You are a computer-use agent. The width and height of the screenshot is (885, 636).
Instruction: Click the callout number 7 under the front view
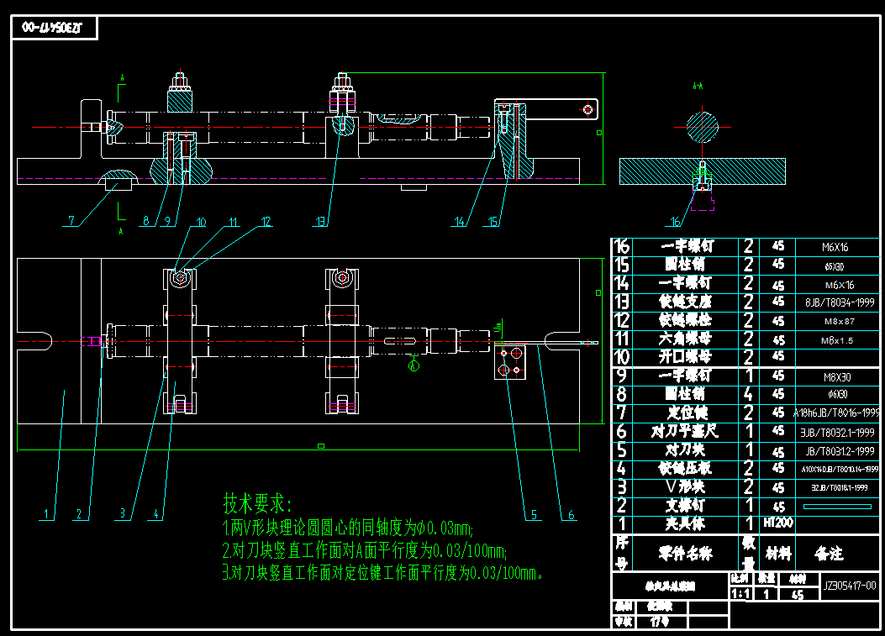pyautogui.click(x=72, y=221)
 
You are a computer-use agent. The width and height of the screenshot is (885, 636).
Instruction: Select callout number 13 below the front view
pyautogui.click(x=320, y=222)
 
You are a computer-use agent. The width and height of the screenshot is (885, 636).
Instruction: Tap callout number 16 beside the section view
pyautogui.click(x=675, y=222)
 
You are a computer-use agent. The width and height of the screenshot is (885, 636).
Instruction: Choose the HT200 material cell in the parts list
pyautogui.click(x=777, y=523)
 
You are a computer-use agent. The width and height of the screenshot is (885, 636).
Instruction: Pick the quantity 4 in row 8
pyautogui.click(x=747, y=393)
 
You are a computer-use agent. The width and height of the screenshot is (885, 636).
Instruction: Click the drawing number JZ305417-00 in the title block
pyautogui.click(x=850, y=586)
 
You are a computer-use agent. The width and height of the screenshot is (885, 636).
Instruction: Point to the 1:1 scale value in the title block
pyautogui.click(x=740, y=594)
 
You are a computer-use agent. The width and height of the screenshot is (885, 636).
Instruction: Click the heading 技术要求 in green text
pyautogui.click(x=256, y=504)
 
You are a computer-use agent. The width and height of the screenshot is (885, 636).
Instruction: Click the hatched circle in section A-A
pyautogui.click(x=703, y=127)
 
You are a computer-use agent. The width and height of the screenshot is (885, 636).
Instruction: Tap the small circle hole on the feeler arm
pyautogui.click(x=587, y=108)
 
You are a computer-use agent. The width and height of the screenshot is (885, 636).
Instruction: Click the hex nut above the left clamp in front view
pyautogui.click(x=180, y=85)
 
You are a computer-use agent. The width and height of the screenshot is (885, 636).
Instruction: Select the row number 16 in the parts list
pyautogui.click(x=622, y=246)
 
